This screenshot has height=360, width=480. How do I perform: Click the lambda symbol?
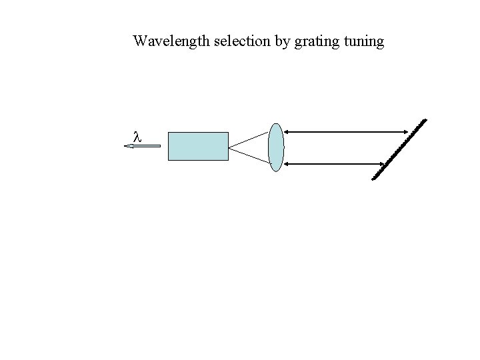pos(137,136)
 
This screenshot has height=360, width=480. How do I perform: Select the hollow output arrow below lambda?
pos(143,145)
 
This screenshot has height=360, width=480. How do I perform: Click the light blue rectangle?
pos(198,146)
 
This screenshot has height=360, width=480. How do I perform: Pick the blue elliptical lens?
pos(276,147)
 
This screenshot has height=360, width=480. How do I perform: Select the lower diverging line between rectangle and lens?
pos(249,154)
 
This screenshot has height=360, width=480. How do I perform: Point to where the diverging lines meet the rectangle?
pos(229,147)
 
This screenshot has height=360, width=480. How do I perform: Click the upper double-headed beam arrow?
pos(346,132)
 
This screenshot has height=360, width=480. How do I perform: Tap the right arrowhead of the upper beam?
pos(404,132)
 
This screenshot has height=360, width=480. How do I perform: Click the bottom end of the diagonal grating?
pos(374,178)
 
